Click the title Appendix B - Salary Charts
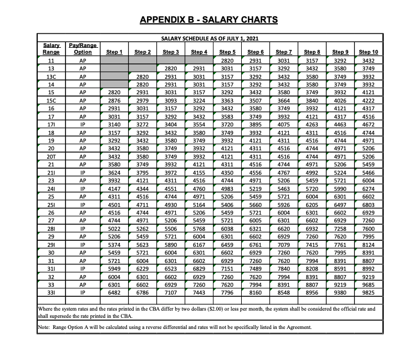point(208,21)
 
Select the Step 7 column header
point(283,52)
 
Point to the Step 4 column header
point(199,52)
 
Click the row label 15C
point(51,100)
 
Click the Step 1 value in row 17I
point(114,125)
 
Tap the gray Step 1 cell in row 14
point(114,84)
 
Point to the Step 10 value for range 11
point(368,60)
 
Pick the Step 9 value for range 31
point(340,260)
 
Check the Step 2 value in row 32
point(143,276)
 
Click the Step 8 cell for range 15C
point(312,100)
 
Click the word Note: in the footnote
point(44,327)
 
